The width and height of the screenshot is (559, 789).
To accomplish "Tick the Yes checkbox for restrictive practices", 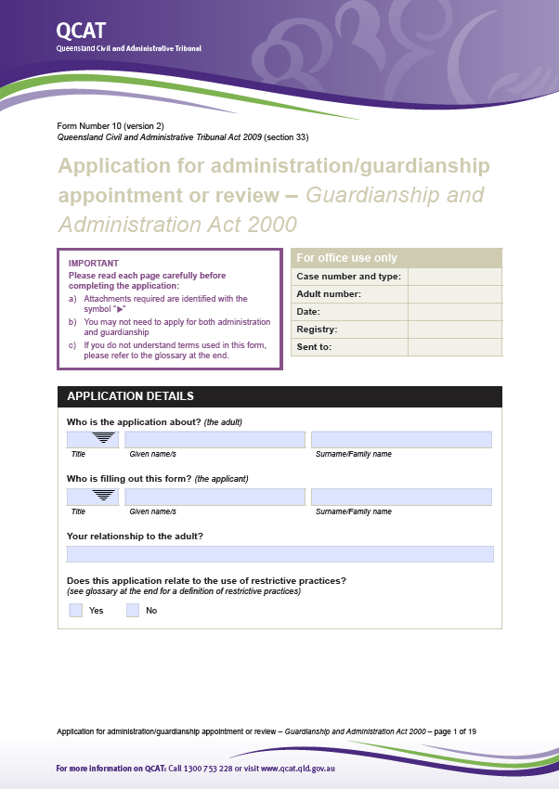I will [76, 610].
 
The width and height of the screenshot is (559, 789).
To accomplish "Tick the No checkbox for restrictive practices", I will [133, 610].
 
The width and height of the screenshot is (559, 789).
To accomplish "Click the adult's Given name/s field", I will [214, 439].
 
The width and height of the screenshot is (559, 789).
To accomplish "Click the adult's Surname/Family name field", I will [401, 439].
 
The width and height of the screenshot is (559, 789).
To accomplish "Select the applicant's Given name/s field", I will [214, 497].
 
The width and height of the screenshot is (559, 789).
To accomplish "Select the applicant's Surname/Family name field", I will [401, 497].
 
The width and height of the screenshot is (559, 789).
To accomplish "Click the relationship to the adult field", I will [279, 554].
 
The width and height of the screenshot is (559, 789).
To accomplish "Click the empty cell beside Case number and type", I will [454, 277].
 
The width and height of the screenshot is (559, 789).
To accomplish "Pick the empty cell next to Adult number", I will [454, 294].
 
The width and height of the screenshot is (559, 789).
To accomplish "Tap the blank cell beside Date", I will [454, 312].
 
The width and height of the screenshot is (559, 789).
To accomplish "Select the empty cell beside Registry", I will [454, 330].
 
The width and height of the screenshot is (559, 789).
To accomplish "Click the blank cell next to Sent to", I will [454, 347].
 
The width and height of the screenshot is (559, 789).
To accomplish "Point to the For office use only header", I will [346, 258].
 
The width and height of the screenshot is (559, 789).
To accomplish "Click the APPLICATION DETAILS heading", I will [130, 396].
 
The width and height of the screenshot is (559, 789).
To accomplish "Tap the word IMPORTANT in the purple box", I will [94, 263].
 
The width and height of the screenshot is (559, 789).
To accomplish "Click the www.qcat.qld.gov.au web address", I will [298, 769].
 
